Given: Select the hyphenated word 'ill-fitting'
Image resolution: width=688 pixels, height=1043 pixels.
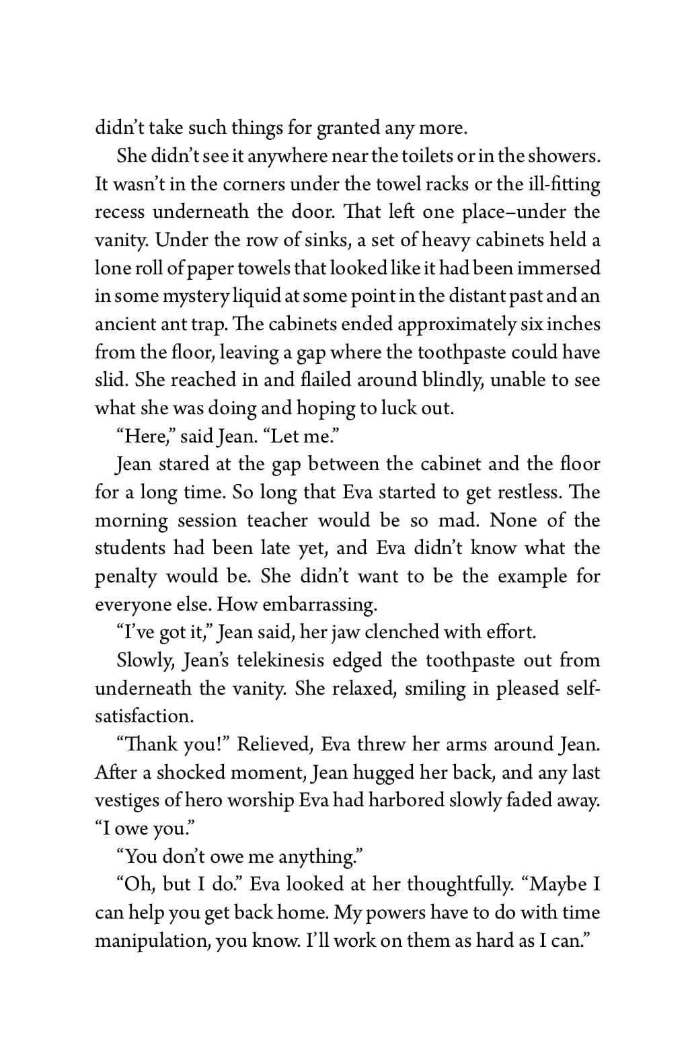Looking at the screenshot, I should [x=564, y=184].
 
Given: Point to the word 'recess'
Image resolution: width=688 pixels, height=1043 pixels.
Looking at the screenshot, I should [x=120, y=213].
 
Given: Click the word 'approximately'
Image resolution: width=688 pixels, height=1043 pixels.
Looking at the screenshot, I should [x=457, y=324].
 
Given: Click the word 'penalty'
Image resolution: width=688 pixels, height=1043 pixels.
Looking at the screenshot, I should [x=126, y=576].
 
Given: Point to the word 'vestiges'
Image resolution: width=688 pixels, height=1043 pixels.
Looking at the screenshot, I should [x=128, y=800].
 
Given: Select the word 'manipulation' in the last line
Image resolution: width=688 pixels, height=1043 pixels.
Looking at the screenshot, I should [x=152, y=940].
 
